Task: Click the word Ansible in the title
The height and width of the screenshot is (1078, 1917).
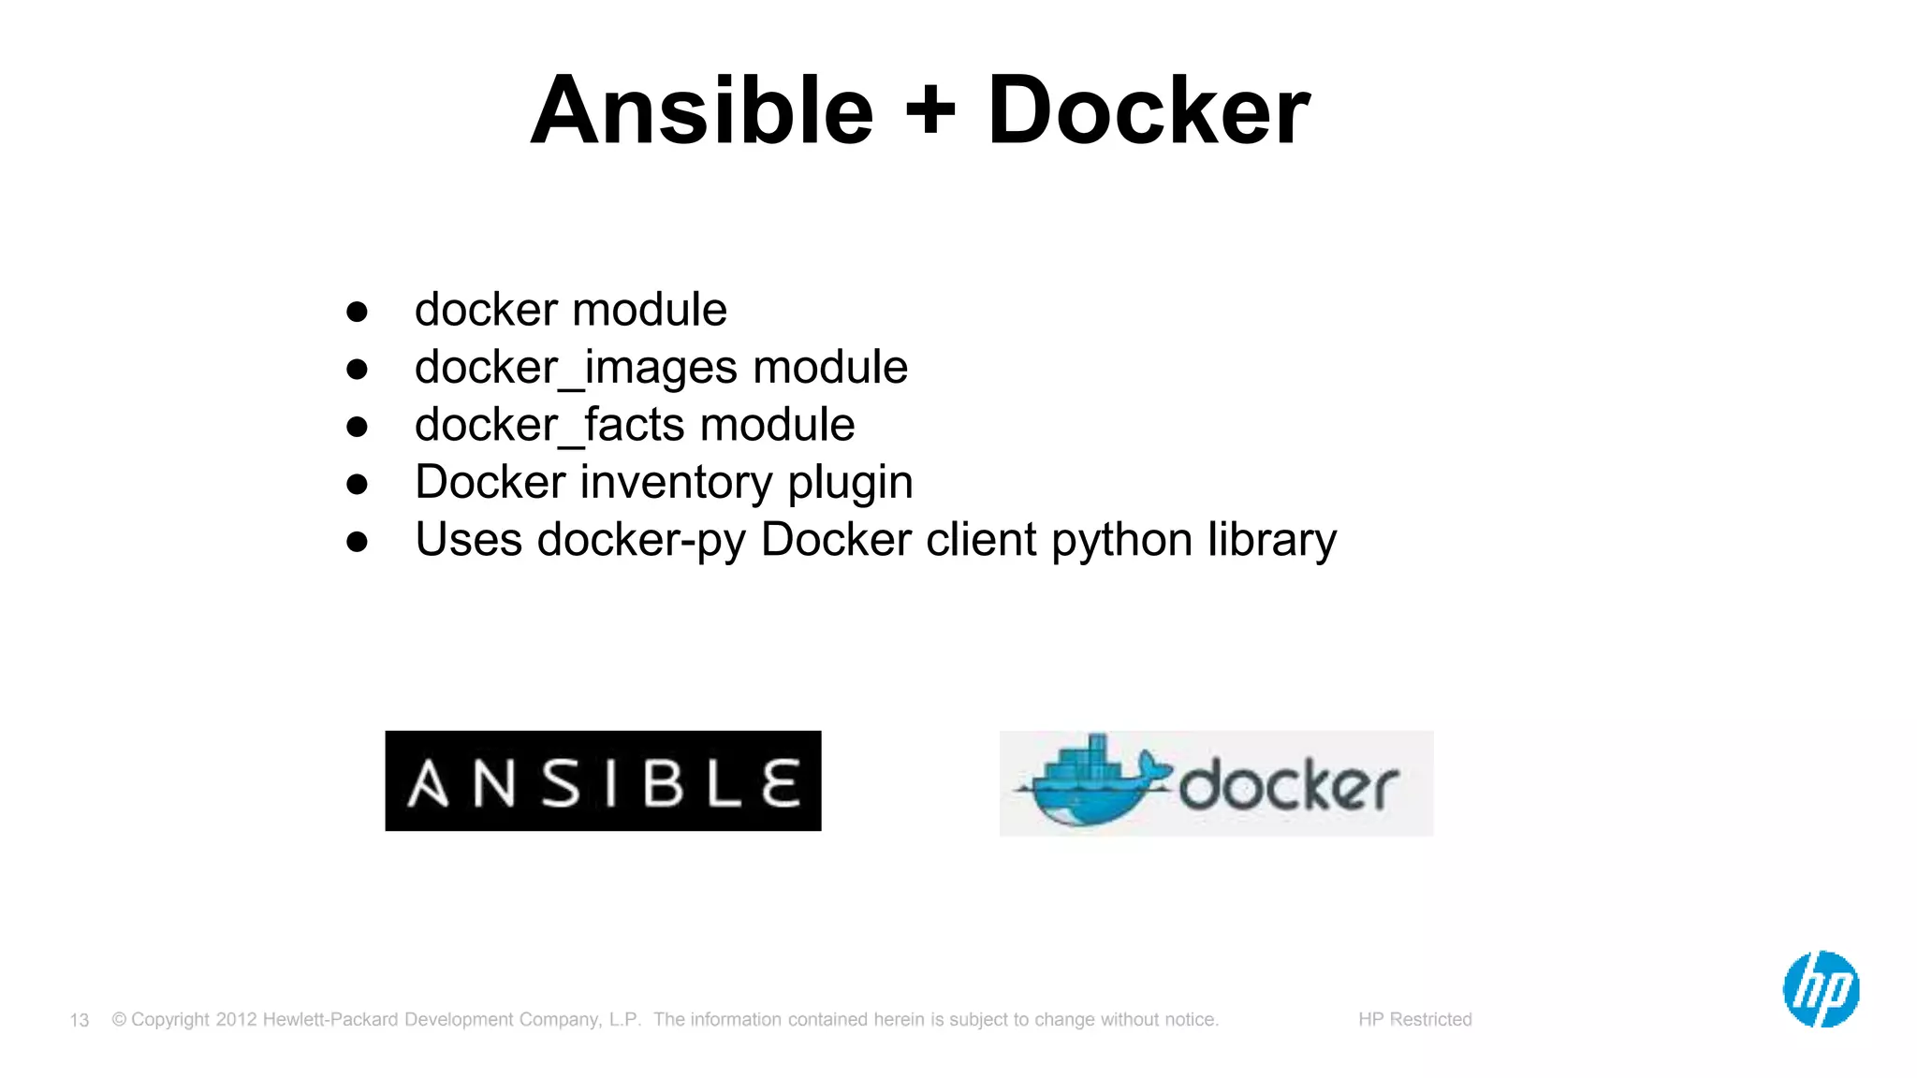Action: click(x=702, y=111)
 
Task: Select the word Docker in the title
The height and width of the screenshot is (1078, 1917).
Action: click(x=1149, y=111)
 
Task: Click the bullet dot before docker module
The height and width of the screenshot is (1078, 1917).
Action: click(x=357, y=312)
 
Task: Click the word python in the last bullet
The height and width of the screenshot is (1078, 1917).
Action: click(x=1121, y=541)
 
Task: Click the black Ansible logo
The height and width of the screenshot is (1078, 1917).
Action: click(x=603, y=781)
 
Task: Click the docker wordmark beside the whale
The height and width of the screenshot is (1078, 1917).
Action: click(x=1289, y=786)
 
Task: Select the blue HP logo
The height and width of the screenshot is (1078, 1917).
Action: click(x=1821, y=989)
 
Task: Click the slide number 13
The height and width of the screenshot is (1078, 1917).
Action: click(x=80, y=1020)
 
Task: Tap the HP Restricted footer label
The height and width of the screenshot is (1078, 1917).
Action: click(x=1414, y=1019)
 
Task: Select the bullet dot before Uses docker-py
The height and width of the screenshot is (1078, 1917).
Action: click(x=357, y=542)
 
